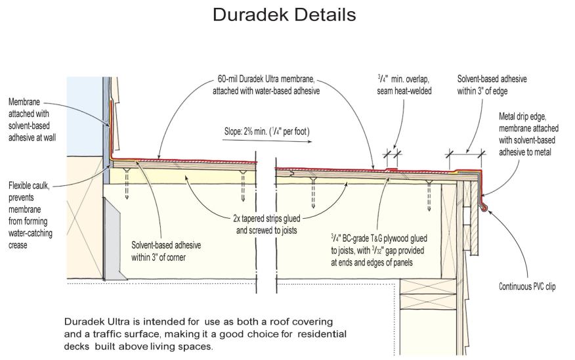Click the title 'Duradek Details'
tap(284, 14)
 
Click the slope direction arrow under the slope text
tap(266, 140)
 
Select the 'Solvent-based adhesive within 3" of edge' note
tap(492, 85)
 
